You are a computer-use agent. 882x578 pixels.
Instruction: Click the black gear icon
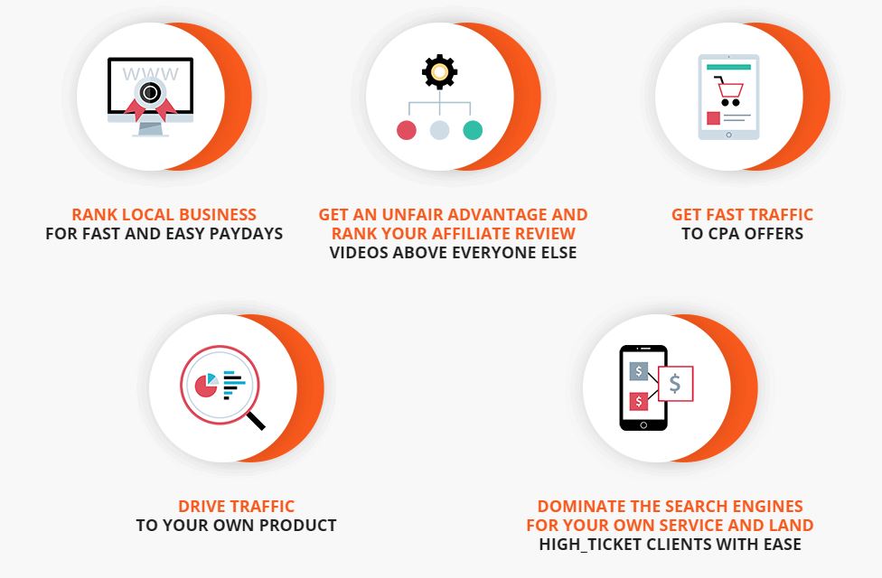(x=439, y=71)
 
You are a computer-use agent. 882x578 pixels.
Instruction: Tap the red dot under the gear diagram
(x=407, y=130)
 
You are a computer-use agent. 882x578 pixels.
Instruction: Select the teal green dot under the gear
(x=473, y=130)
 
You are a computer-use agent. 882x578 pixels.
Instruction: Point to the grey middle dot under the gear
(x=439, y=130)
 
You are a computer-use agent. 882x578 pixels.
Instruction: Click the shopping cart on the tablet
(x=729, y=91)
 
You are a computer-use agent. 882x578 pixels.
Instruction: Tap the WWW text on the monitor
(x=150, y=74)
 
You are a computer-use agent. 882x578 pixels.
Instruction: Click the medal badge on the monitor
(x=150, y=98)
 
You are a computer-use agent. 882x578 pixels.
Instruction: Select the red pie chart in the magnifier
(x=206, y=386)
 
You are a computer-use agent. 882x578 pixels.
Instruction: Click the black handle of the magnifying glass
(x=256, y=420)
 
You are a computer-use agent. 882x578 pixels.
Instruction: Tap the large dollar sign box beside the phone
(x=675, y=384)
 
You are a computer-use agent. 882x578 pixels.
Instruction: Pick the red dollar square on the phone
(x=638, y=402)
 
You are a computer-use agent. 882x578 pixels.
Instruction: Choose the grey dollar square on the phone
(x=638, y=371)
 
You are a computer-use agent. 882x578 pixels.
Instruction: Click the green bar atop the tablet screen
(x=729, y=67)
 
